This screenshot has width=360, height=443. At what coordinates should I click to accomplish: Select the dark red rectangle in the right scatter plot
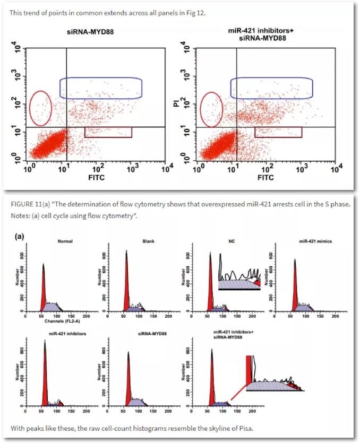pyautogui.click(x=278, y=132)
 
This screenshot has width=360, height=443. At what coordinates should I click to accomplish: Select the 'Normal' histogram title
pyautogui.click(x=65, y=242)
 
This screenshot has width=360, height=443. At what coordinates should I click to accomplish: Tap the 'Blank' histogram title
pyautogui.click(x=148, y=242)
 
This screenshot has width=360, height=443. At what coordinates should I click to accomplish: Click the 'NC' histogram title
pyautogui.click(x=232, y=242)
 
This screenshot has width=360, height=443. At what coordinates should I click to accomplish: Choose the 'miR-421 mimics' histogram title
pyautogui.click(x=315, y=242)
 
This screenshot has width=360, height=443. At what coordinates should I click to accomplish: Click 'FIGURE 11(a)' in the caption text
pyautogui.click(x=30, y=203)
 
